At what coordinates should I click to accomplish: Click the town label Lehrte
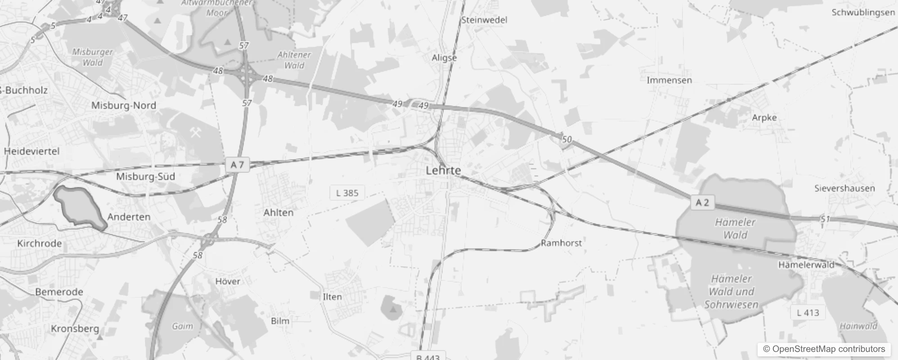click(443, 171)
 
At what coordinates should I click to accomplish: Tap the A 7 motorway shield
click(237, 165)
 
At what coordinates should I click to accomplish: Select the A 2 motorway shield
click(702, 202)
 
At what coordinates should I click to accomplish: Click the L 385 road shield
click(347, 193)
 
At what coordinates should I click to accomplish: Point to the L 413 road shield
click(808, 312)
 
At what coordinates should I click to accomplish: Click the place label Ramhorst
click(561, 243)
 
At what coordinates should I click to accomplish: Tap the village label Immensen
click(669, 80)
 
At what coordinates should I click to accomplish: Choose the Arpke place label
click(764, 117)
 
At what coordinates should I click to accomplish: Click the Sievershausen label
click(844, 188)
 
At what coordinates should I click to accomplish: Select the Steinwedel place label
click(484, 20)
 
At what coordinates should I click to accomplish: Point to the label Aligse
click(444, 58)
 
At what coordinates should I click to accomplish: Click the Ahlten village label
click(278, 212)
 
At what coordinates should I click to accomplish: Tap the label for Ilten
click(332, 297)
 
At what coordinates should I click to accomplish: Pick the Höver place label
click(227, 281)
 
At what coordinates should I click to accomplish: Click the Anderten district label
click(129, 216)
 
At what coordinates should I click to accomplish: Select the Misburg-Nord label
click(123, 105)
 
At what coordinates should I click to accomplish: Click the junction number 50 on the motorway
click(566, 139)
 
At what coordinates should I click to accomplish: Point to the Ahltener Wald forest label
click(294, 60)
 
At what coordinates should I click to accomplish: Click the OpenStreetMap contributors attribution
click(824, 349)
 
